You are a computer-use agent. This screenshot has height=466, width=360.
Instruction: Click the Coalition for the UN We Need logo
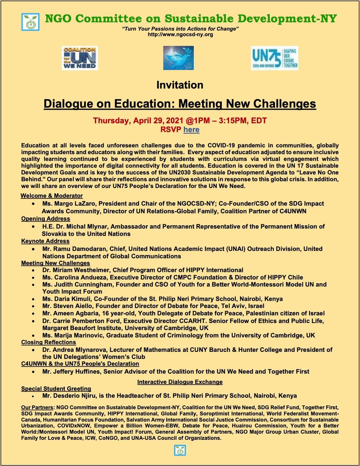pyautogui.click(x=80, y=58)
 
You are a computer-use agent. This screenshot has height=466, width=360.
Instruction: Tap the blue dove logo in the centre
pyautogui.click(x=178, y=58)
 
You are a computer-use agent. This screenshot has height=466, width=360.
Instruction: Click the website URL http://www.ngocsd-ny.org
pyautogui.click(x=180, y=35)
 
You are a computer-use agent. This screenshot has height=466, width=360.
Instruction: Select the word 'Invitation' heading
pyautogui.click(x=180, y=85)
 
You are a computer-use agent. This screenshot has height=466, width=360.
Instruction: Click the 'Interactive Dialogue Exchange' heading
pyautogui.click(x=180, y=382)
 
